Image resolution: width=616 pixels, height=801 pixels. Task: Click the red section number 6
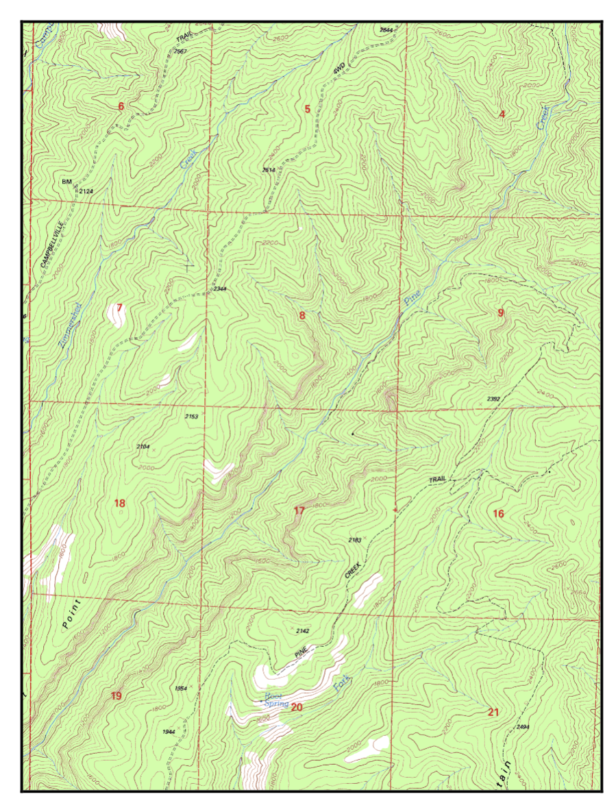point(121,106)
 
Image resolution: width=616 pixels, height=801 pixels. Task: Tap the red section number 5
point(307,108)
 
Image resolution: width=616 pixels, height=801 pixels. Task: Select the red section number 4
point(502,114)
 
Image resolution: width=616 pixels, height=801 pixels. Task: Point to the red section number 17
point(299,510)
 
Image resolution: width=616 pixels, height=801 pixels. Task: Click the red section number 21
point(493,713)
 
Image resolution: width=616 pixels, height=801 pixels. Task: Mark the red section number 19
point(116,696)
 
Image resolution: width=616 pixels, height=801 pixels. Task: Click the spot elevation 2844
point(386,30)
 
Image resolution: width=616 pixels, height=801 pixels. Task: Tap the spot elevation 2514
point(269,169)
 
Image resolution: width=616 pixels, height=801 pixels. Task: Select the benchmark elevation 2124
point(86,190)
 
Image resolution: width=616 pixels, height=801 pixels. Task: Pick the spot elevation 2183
point(354,541)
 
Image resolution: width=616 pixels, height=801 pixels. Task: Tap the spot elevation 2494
point(523,726)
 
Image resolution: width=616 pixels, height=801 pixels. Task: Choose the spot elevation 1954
point(181,688)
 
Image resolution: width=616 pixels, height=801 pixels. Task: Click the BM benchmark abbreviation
point(66,182)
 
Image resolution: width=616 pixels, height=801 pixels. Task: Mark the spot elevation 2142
point(303,630)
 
